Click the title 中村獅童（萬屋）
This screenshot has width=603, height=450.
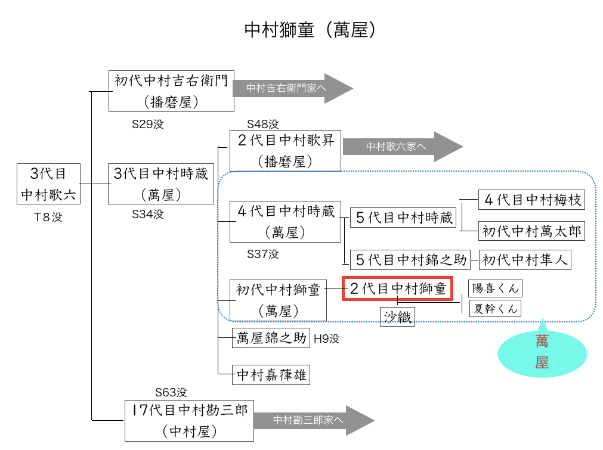point(310,30)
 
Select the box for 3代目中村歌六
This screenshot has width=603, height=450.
point(48,184)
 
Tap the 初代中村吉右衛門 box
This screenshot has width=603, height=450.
point(171,91)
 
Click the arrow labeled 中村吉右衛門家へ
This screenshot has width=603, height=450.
point(292,89)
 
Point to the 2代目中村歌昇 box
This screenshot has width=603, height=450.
point(285,150)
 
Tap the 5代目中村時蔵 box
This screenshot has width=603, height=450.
point(404,218)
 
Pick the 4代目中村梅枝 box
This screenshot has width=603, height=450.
point(531,200)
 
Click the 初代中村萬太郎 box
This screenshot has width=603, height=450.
point(531,231)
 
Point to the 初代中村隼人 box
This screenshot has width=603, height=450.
point(525,259)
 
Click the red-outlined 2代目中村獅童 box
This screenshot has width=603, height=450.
point(397,288)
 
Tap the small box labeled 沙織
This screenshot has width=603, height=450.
point(397,317)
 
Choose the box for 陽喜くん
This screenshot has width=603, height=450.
point(494,288)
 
